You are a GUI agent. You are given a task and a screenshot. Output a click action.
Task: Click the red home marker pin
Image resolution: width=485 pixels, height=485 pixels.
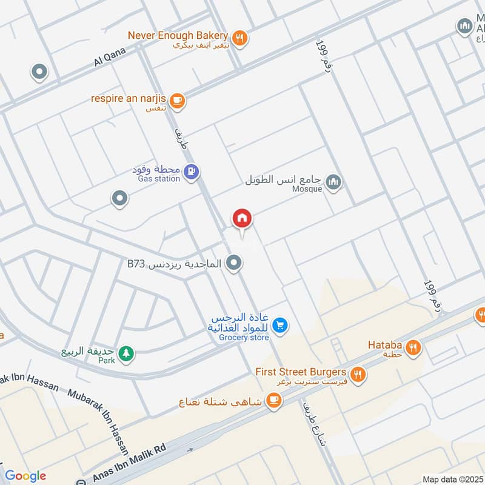(242, 219)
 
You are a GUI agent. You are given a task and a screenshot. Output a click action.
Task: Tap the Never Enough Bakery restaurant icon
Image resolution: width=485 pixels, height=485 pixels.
(240, 38)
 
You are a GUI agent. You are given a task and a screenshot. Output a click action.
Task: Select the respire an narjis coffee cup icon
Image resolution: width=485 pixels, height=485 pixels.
(176, 101)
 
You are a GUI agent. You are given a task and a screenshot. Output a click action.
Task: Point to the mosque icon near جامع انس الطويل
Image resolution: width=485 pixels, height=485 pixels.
(333, 181)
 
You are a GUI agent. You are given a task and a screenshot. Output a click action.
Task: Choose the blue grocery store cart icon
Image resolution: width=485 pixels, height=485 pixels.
(279, 326)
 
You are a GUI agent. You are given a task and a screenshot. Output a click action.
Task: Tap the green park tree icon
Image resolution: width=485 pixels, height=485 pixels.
(125, 353)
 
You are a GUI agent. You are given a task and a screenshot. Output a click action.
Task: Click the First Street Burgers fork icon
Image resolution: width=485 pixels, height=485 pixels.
(358, 374)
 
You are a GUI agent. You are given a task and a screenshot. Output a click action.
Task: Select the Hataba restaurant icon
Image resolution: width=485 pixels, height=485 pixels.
(415, 347)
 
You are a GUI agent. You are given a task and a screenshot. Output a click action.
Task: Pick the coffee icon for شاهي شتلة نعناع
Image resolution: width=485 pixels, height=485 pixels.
(274, 400)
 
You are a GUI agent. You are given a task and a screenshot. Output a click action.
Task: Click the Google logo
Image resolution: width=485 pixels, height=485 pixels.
(25, 476)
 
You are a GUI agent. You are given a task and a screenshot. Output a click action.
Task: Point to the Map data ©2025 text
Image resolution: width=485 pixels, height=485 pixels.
(452, 479)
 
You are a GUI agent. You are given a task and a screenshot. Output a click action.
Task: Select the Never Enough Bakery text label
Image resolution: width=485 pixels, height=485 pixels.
(178, 35)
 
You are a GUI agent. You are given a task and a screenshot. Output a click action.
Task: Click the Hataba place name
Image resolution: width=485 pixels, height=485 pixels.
(385, 345)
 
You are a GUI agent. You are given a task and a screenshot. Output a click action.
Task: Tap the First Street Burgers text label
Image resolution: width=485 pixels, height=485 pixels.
(301, 372)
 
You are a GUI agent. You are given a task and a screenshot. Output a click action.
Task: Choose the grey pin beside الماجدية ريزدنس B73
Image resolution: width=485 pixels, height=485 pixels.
(233, 263)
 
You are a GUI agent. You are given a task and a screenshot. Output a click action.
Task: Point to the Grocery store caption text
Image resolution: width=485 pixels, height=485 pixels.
(244, 337)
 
